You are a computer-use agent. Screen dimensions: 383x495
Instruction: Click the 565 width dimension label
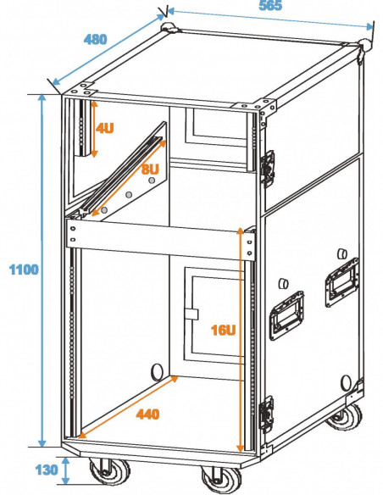pyautogui.click(x=270, y=6)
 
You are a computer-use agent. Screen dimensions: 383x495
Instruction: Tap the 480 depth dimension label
pyautogui.click(x=95, y=39)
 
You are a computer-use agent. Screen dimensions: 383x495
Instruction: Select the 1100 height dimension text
pyautogui.click(x=24, y=270)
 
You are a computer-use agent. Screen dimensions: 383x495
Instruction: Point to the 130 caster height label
pyautogui.click(x=47, y=470)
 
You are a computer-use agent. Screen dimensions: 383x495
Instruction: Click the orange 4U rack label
pyautogui.click(x=105, y=128)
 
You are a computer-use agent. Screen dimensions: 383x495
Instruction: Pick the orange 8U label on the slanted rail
pyautogui.click(x=150, y=170)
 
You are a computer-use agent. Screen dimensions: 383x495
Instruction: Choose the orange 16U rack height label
pyautogui.click(x=224, y=331)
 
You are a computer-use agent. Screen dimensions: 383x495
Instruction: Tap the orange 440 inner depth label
pyautogui.click(x=147, y=414)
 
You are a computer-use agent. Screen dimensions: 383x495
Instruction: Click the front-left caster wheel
pyautogui.click(x=109, y=471)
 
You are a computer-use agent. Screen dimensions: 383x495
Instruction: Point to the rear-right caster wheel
pyautogui.click(x=346, y=416)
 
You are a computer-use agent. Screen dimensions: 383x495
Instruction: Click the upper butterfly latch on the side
pyautogui.click(x=267, y=169)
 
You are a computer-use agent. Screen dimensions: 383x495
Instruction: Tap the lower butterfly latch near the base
pyautogui.click(x=266, y=414)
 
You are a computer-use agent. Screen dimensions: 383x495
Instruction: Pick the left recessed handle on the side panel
pyautogui.click(x=286, y=315)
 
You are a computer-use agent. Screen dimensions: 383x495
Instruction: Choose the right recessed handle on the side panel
pyautogui.click(x=342, y=282)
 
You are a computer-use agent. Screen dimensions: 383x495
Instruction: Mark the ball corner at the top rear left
pyautogui.click(x=169, y=27)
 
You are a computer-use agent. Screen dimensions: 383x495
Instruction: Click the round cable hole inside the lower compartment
pyautogui.click(x=157, y=372)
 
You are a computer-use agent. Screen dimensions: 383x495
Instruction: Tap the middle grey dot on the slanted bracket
pyautogui.click(x=129, y=195)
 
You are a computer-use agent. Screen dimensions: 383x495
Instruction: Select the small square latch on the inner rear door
pyautogui.click(x=191, y=314)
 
